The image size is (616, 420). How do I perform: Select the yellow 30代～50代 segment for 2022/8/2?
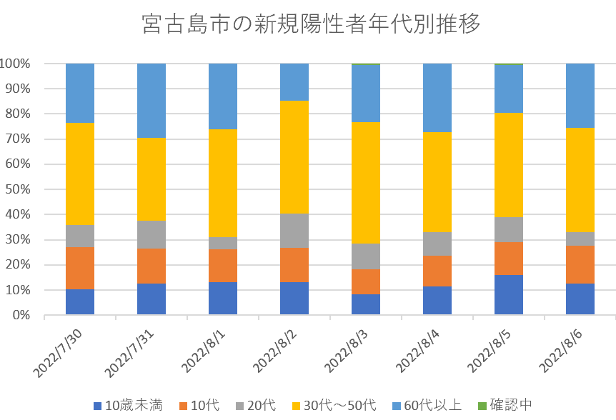pyautogui.click(x=294, y=157)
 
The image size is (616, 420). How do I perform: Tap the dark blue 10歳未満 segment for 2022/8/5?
pyautogui.click(x=509, y=295)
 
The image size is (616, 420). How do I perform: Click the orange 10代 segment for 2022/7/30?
pyautogui.click(x=80, y=268)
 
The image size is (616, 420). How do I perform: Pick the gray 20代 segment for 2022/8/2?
pyautogui.click(x=294, y=231)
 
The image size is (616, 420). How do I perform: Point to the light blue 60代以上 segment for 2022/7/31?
pyautogui.click(x=151, y=101)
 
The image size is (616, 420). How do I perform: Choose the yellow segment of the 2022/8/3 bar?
pyautogui.click(x=366, y=183)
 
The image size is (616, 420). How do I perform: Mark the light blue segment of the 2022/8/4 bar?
pyautogui.click(x=437, y=98)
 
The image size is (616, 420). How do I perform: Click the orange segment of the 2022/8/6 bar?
pyautogui.click(x=580, y=264)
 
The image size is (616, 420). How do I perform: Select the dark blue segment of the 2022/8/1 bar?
pyautogui.click(x=223, y=299)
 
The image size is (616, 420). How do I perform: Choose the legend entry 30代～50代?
pyautogui.click(x=335, y=406)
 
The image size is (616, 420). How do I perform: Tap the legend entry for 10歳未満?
pyautogui.click(x=128, y=406)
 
